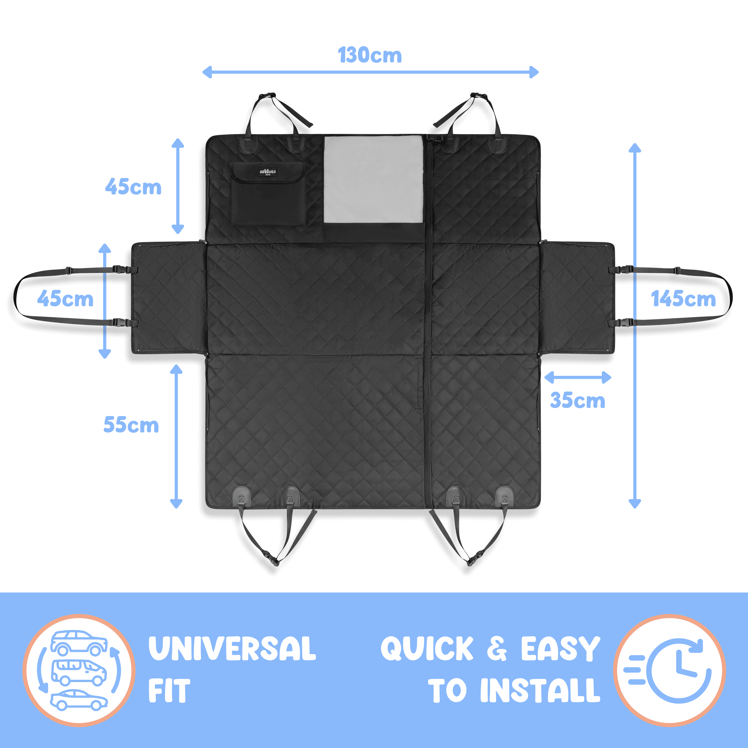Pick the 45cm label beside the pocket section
pyautogui.click(x=133, y=187)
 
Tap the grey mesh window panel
pyautogui.click(x=374, y=179)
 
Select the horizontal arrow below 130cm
pyautogui.click(x=371, y=72)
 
